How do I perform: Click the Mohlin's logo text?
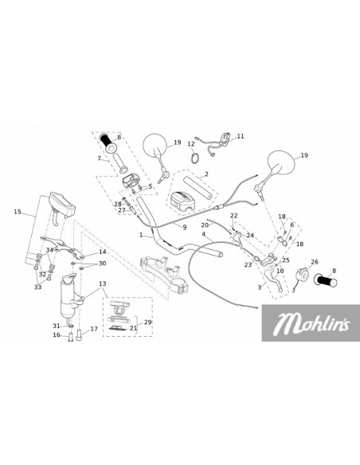pos(311,323)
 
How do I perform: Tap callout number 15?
pos(18,212)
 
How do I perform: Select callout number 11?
pos(241,136)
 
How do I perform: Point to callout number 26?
pos(315,262)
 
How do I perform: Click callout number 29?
pos(147,322)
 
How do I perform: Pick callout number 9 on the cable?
pos(185,228)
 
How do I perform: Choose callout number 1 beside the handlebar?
pos(141,235)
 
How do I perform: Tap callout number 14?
pos(102,252)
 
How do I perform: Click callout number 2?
pos(206,174)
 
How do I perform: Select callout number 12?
pos(191,144)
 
